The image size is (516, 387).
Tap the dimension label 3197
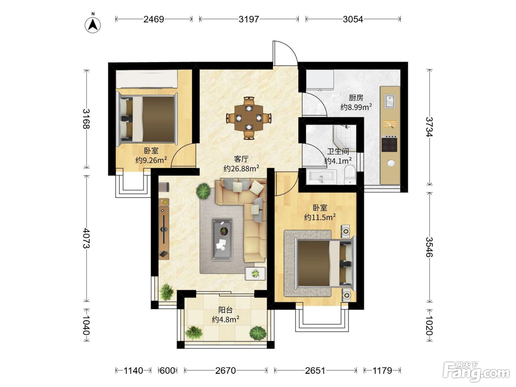pos(249,19)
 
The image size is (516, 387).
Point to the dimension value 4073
pos(86,238)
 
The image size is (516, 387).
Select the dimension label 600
pos(167,370)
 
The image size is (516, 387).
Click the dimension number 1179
pos(382,370)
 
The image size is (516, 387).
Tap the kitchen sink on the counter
pos(390,101)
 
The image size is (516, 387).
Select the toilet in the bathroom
pos(350,175)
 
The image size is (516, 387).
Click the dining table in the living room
pos(249,118)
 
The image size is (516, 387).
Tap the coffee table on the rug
pos(222,240)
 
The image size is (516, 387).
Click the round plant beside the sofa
pos(203,191)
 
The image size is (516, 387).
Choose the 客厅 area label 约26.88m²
pos(241,168)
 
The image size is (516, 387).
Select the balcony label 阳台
pos(226,310)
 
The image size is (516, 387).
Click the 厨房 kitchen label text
pos(356,98)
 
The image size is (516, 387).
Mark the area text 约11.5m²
pos(320,217)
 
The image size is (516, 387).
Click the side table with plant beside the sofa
pos(255,274)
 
